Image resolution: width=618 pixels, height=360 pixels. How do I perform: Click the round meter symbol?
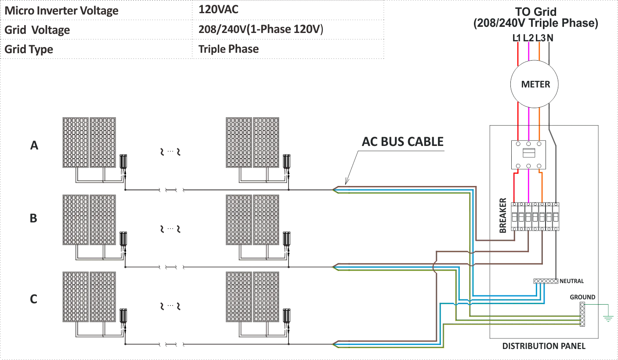[x=533, y=83]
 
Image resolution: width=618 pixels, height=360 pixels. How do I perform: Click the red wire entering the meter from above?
[x=519, y=53]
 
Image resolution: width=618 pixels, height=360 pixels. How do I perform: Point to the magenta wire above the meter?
[x=529, y=53]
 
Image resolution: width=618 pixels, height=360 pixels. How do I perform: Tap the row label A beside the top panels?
[x=33, y=146]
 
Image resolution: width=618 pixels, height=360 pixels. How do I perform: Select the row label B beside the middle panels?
[x=33, y=218]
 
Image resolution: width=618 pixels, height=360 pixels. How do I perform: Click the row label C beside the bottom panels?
[x=33, y=300]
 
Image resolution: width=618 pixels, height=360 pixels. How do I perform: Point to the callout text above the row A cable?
[x=404, y=142]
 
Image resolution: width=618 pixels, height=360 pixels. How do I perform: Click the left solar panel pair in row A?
[x=88, y=142]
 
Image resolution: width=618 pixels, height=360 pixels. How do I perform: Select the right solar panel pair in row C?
[x=253, y=297]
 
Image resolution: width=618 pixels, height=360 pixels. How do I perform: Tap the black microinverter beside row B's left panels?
[x=125, y=238]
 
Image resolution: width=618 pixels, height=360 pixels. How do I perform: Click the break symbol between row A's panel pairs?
[x=170, y=153]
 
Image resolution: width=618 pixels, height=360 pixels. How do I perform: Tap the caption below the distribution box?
[x=544, y=346]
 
